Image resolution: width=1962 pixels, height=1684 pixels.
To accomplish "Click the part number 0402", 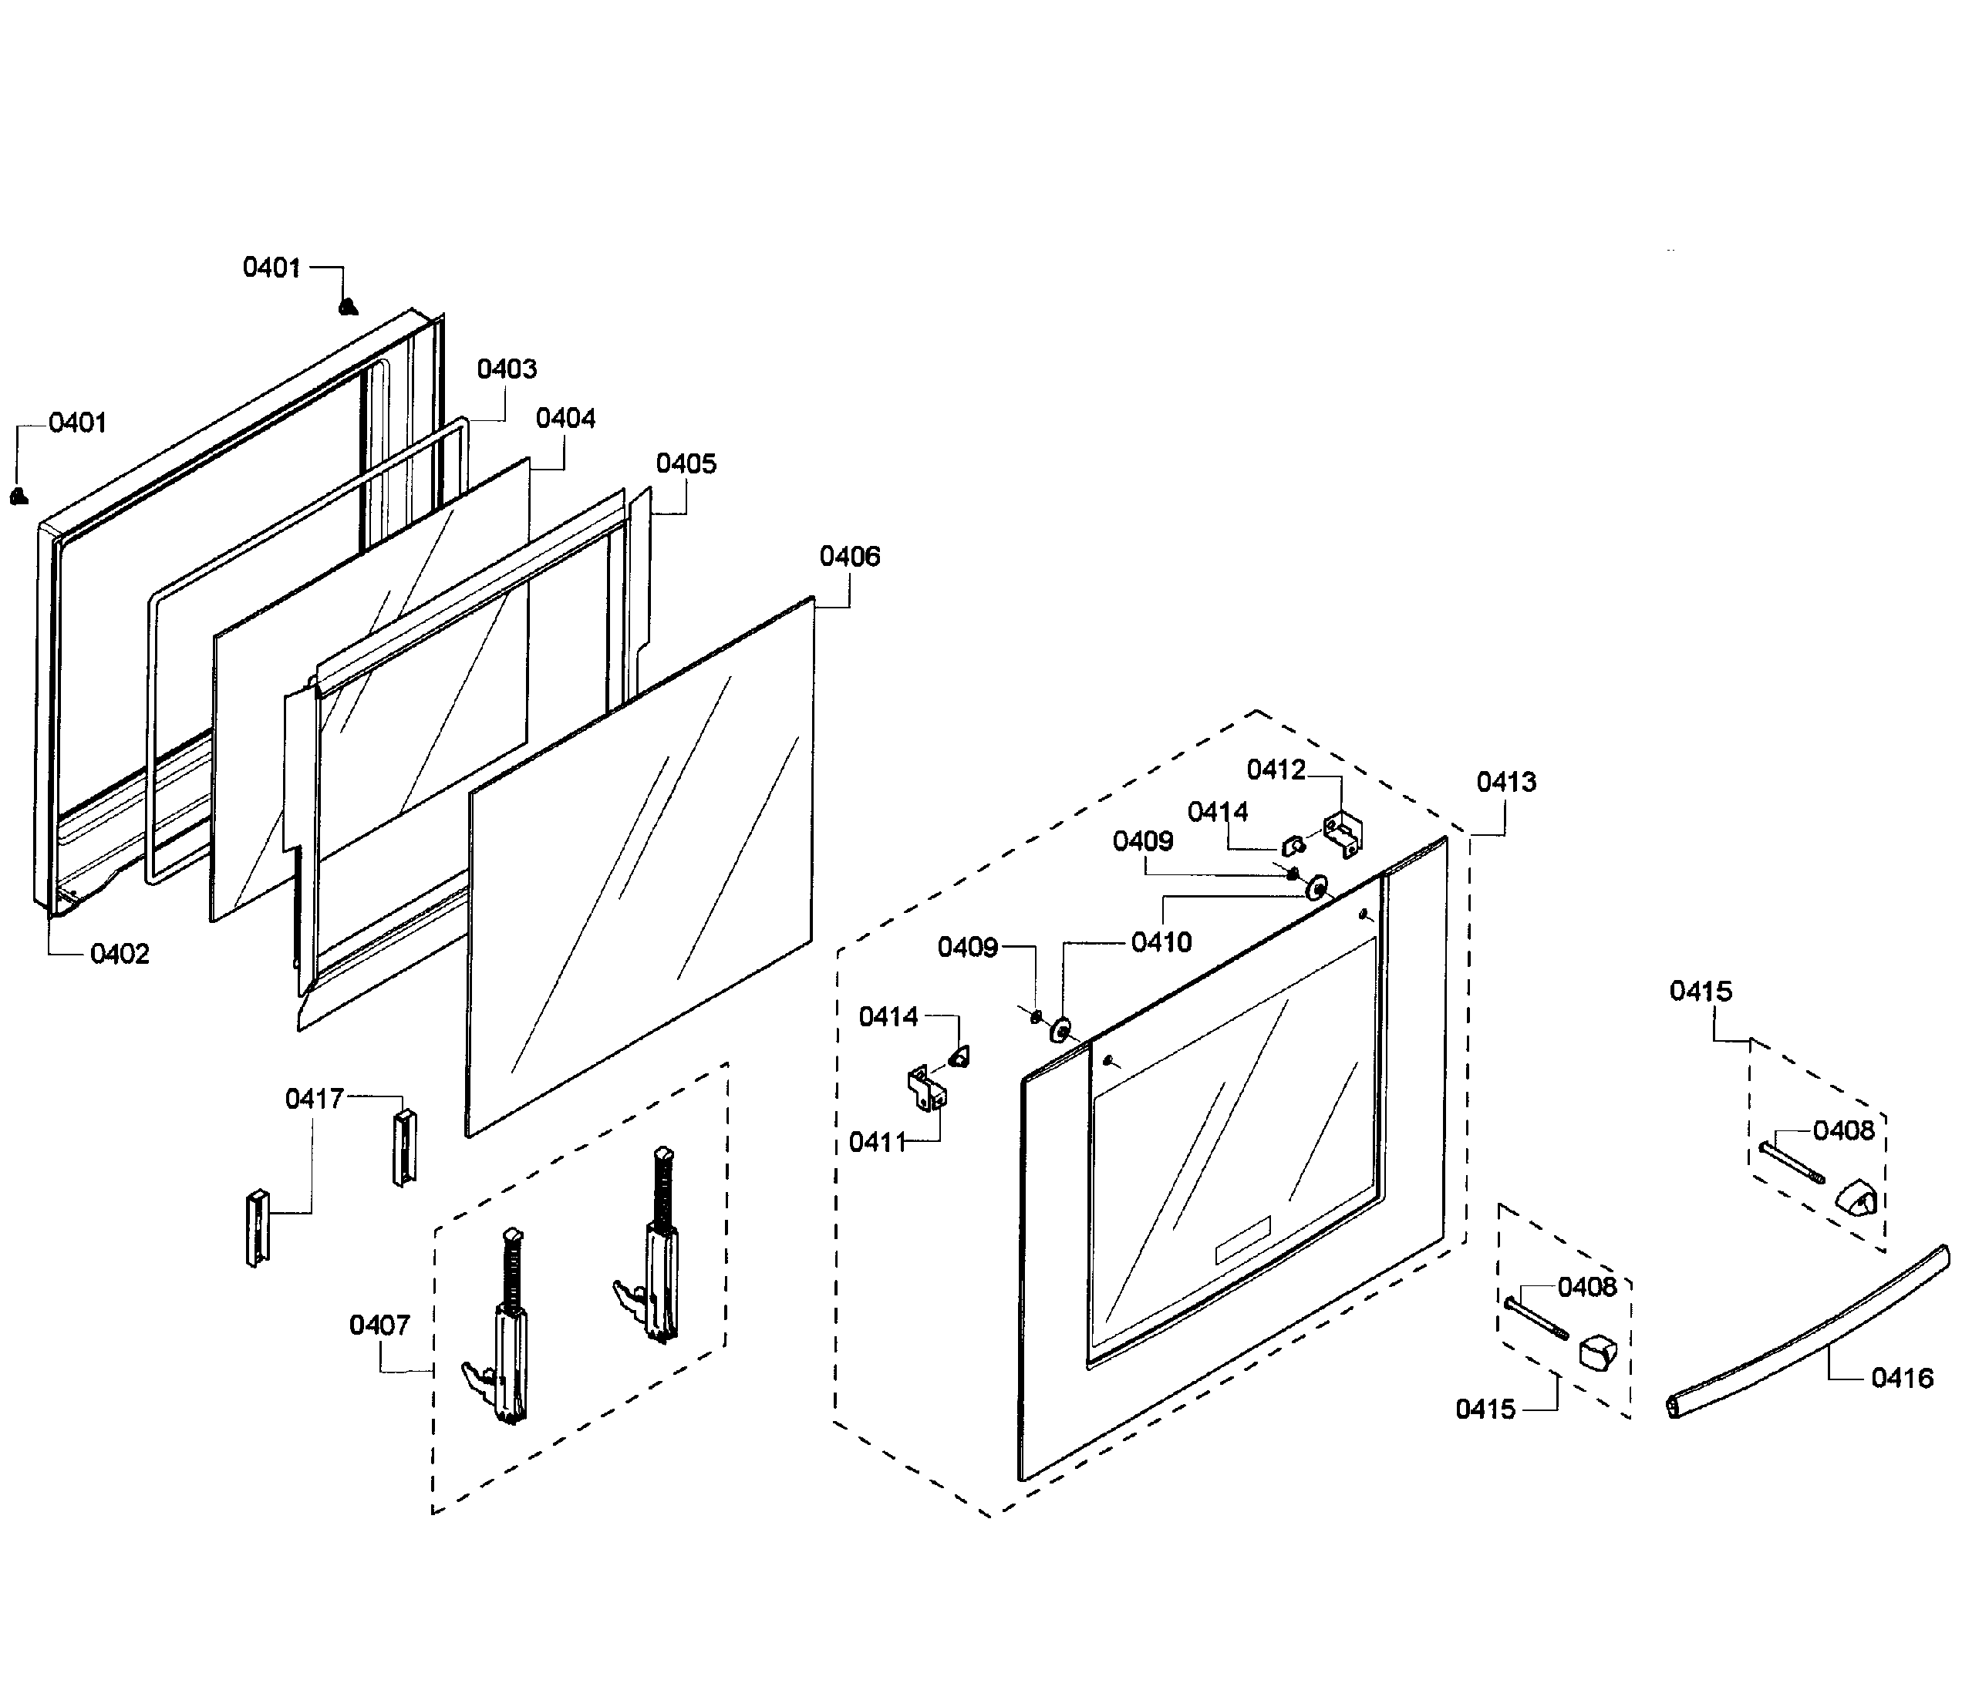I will [120, 953].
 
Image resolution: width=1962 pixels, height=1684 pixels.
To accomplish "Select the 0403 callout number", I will [507, 369].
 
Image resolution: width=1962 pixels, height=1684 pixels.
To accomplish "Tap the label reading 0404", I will [565, 419].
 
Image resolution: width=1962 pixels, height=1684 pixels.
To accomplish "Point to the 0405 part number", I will [686, 464].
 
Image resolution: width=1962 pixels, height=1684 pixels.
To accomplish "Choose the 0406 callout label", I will [849, 557].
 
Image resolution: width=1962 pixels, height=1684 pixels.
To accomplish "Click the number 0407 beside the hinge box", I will [379, 1325].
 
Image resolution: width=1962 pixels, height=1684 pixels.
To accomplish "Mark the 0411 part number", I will [878, 1143].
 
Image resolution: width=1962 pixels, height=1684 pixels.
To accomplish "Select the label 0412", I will [1276, 770].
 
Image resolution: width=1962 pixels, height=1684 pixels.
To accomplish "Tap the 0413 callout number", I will [1506, 782].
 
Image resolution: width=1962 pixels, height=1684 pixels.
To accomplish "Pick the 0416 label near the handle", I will [1901, 1378].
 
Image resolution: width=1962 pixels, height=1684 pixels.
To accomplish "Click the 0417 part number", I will [315, 1099].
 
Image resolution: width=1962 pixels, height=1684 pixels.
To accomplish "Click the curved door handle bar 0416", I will [1809, 1334].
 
